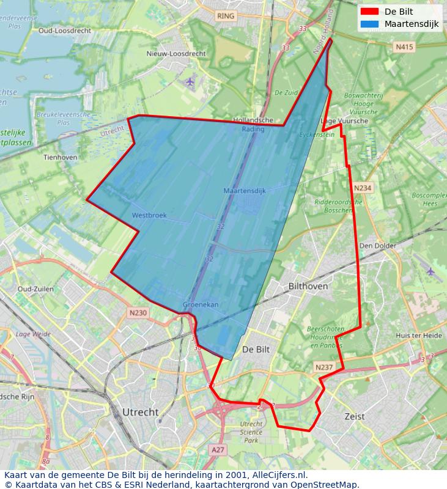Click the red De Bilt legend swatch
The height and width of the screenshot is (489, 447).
pos(369,12)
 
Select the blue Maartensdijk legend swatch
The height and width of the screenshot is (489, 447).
pos(369,24)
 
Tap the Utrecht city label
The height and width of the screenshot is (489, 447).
pos(140,412)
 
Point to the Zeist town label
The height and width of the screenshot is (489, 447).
pos(354,416)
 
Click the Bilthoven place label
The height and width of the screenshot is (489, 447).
pos(308,286)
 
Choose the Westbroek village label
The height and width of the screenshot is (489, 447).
pos(149,215)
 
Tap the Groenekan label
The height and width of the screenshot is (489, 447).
pos(201,304)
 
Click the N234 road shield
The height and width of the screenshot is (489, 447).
pos(363,188)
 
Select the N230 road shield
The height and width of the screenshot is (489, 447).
pos(138,313)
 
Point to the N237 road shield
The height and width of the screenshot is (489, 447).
pos(323,367)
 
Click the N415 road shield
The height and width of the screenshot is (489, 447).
pos(404,46)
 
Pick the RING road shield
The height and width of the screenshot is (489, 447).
pos(226,17)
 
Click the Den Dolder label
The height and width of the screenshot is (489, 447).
pos(377,246)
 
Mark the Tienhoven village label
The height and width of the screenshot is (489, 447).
pos(61,157)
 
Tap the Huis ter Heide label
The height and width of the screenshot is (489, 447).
pos(418,336)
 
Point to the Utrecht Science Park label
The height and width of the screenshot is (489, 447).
pos(251,432)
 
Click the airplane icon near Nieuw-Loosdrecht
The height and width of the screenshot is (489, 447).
pos(190,81)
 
